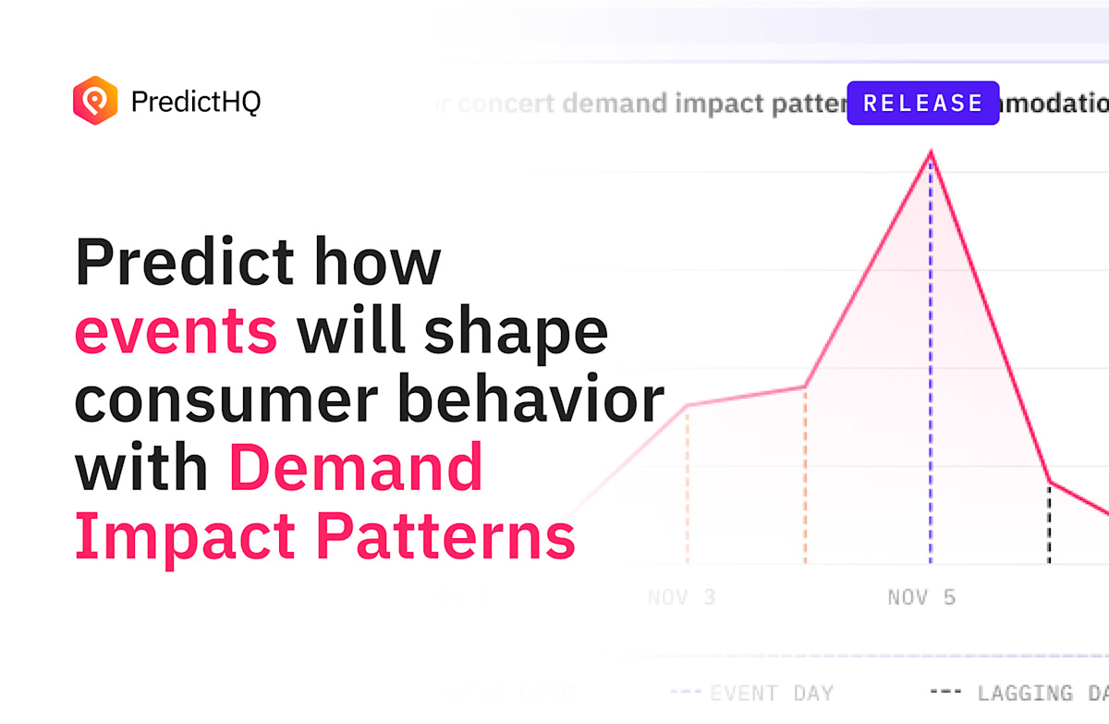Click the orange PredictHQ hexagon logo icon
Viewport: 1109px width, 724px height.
click(x=95, y=100)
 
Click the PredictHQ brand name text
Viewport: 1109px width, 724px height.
click(x=196, y=101)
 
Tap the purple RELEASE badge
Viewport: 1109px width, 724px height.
click(x=922, y=103)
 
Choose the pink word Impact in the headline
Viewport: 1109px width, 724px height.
click(x=186, y=536)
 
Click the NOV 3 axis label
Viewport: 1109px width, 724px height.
click(x=681, y=597)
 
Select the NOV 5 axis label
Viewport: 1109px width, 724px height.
click(x=921, y=597)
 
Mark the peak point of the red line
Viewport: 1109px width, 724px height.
click(x=931, y=153)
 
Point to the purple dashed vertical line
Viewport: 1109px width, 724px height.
click(x=931, y=370)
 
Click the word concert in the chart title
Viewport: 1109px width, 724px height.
click(x=506, y=103)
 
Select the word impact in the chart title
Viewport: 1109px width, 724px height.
click(x=717, y=103)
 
